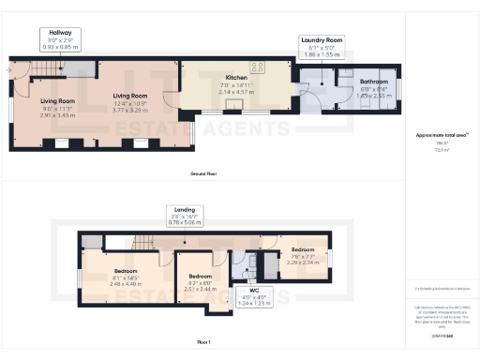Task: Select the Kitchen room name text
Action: pos(235,79)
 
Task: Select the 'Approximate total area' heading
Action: pos(442,135)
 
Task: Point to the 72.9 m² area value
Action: pos(441,149)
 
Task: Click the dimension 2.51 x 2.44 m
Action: pos(201,289)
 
